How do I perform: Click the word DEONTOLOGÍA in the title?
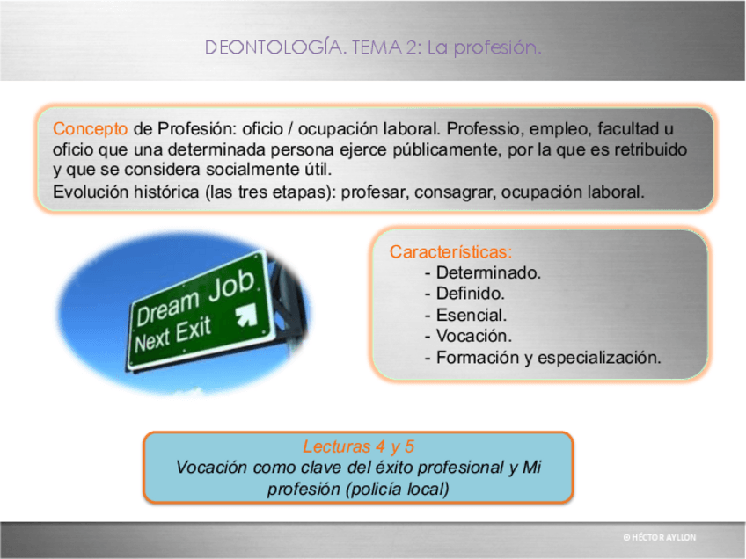(x=275, y=47)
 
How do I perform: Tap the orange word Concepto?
(x=90, y=129)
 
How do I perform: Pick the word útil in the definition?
(x=318, y=170)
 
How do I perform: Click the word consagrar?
(x=456, y=192)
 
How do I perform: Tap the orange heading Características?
(x=450, y=251)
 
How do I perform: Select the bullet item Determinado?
(x=488, y=272)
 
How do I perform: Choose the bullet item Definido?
(x=471, y=294)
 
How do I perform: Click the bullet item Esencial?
(x=472, y=315)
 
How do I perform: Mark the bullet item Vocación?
(x=474, y=336)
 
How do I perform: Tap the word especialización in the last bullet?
(x=599, y=358)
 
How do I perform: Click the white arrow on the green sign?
(x=247, y=315)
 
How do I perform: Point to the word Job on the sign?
(x=232, y=285)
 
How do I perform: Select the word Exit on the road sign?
(x=194, y=330)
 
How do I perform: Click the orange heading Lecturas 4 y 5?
(x=358, y=446)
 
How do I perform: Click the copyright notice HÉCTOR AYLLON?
(x=660, y=537)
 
